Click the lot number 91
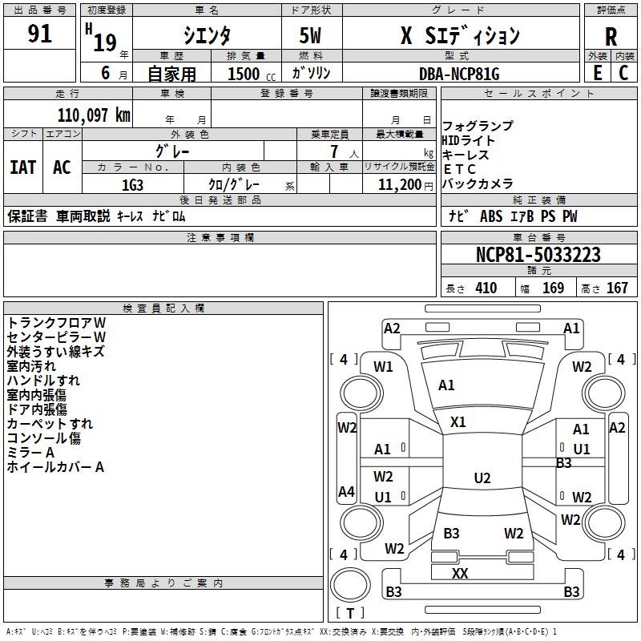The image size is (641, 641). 39,34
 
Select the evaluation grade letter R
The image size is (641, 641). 611,37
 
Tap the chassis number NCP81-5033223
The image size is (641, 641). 538,255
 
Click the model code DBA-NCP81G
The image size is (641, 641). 459,74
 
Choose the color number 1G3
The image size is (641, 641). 132,184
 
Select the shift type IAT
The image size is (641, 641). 22,167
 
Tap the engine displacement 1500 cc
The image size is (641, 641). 245,74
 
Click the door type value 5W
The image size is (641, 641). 311,36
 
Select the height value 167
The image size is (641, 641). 617,288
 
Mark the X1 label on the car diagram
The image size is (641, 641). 458,421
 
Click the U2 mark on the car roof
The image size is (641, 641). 482,478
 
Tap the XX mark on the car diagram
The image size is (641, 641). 460,573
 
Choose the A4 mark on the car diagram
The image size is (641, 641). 346,492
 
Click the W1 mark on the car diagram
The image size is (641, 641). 384,367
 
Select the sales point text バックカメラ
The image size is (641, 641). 478,183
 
